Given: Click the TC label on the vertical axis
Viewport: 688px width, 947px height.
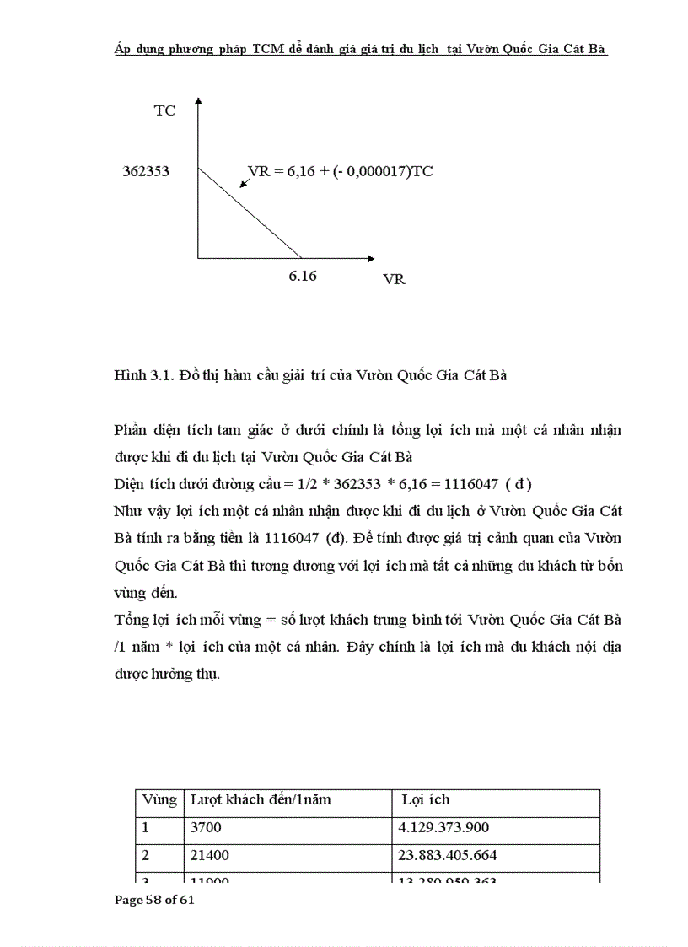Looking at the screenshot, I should [164, 110].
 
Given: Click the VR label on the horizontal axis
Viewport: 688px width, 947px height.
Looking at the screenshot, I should [394, 279].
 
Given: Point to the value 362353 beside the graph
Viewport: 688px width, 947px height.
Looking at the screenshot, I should [146, 171].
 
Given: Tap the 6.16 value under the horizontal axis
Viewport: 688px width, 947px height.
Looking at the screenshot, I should [303, 276].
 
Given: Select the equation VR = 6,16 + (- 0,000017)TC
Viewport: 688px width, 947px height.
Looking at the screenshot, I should [341, 171].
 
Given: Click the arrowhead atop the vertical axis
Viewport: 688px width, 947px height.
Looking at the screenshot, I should [198, 102].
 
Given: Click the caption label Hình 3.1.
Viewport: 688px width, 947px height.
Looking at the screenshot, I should [141, 376].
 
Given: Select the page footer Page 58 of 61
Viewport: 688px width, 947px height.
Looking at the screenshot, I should [154, 900].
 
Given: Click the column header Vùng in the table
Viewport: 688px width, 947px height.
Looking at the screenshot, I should [159, 799].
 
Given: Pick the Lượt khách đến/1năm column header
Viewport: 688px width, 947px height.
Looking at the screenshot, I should [261, 799].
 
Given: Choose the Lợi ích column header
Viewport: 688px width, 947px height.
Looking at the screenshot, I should [426, 799].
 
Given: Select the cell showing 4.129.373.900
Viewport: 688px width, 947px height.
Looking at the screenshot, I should [443, 828].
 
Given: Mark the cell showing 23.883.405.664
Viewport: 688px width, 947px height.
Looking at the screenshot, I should [447, 855].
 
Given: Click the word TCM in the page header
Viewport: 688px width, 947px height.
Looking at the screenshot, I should [267, 49].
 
